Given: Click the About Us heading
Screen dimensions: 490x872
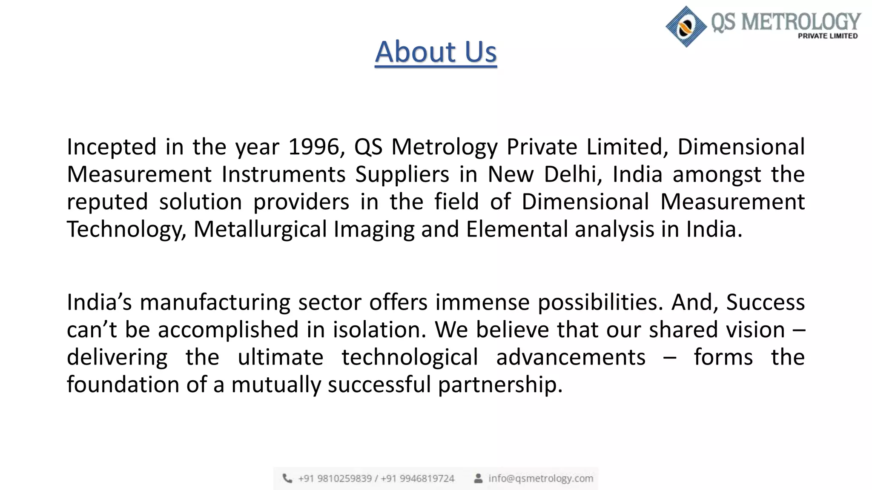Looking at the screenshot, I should [436, 52].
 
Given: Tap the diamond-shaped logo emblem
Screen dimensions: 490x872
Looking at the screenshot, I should [686, 26].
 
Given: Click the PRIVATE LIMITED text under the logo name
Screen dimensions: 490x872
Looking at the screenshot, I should [827, 36].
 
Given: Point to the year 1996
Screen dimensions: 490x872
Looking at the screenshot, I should [314, 147].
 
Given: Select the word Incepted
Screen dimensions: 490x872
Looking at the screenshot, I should [112, 147].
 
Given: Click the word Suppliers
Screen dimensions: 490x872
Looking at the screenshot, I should [402, 174].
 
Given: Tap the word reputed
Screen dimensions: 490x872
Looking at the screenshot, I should [107, 202].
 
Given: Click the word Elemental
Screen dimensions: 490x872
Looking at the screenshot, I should [517, 229].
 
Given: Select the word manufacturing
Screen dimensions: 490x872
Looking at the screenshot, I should [215, 302].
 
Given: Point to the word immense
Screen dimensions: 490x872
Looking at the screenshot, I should [482, 302].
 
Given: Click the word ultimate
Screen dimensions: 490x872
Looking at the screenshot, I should [281, 357].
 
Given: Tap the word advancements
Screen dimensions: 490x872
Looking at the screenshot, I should [571, 357].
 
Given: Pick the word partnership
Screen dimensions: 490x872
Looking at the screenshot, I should [500, 385].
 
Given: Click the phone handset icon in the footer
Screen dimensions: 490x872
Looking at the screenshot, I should [288, 479].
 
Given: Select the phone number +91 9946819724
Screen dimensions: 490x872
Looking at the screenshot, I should [417, 479].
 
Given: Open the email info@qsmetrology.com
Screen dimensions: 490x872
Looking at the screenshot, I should [540, 479].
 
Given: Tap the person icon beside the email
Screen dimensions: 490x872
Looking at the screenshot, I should [478, 479].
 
